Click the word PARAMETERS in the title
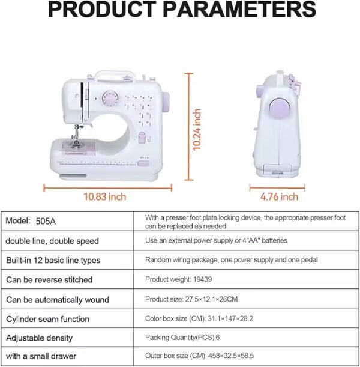point(239,10)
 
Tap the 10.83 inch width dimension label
point(105,196)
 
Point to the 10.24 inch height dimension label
point(197,129)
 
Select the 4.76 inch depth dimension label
point(279,196)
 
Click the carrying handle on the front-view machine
point(115,74)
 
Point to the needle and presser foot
point(76,136)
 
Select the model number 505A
point(46,221)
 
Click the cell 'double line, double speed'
point(52,241)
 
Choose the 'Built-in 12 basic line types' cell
point(53,260)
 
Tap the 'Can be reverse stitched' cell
point(49,280)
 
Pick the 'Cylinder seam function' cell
point(47,319)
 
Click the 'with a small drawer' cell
point(41,356)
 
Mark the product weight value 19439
point(202,279)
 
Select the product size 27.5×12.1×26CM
point(211,299)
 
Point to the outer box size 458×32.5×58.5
point(231,356)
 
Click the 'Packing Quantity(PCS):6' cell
point(182,338)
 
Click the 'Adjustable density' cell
point(39,338)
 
